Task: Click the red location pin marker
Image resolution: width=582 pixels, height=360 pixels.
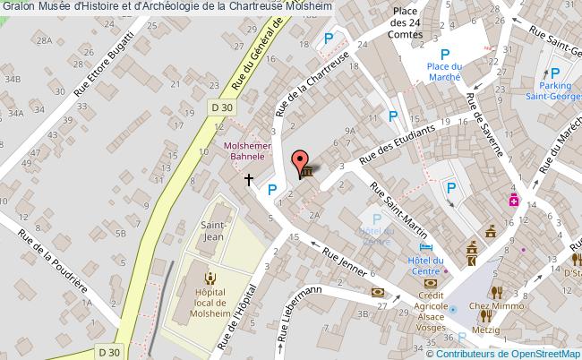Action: point(298,160)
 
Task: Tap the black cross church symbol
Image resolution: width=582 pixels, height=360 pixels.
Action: point(249,180)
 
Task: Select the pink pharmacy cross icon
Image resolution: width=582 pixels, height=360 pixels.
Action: point(515,200)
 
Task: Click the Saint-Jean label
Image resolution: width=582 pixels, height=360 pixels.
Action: point(212,232)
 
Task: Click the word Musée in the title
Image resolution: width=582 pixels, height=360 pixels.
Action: point(52,6)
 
